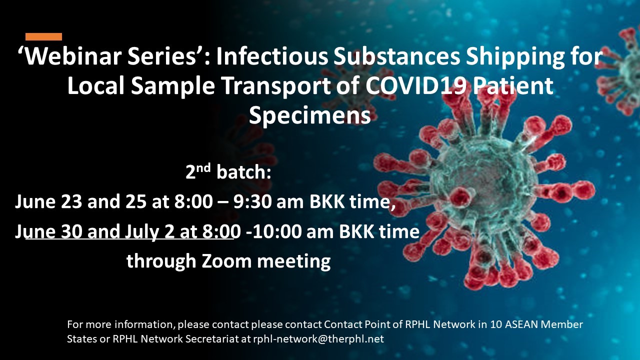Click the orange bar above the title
click(43, 37)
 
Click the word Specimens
click(309, 116)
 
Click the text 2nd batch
click(228, 172)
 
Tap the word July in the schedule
click(141, 232)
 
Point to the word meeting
click(294, 262)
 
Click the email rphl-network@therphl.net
click(318, 339)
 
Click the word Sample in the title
click(173, 87)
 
